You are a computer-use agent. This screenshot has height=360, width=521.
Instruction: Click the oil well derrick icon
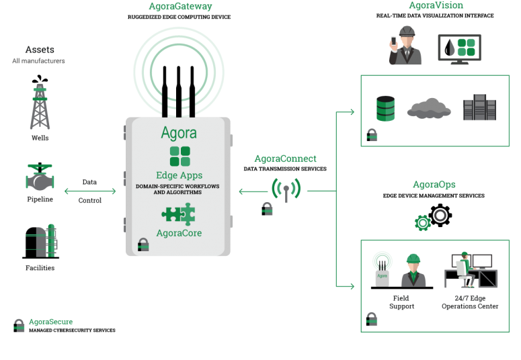coord(40,102)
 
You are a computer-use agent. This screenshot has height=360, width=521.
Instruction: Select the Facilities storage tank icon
coord(41,241)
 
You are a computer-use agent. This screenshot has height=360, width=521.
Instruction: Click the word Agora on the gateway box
coord(179,133)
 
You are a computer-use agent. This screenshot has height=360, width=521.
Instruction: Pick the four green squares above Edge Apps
coord(179,156)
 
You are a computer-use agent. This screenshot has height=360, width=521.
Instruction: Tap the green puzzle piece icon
coord(178,214)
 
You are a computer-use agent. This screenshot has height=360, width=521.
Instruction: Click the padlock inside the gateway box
coord(143,244)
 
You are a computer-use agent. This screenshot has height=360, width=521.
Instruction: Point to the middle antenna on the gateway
coord(178,91)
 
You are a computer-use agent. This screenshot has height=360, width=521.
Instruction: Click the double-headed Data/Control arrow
coord(90,191)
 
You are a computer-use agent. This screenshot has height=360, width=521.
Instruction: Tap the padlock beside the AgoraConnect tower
coord(267,209)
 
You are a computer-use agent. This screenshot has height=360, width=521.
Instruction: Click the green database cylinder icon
coord(385,109)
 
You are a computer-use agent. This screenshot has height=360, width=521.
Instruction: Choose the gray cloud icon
coord(429,108)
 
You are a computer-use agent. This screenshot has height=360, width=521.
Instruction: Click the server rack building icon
coord(479,107)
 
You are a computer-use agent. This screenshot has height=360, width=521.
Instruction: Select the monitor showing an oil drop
coord(460,49)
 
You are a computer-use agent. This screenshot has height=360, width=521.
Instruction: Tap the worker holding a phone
coord(405,46)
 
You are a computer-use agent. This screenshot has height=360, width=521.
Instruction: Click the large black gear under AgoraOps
coord(440,216)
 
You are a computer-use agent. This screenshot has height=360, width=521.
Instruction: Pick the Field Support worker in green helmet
coord(413,271)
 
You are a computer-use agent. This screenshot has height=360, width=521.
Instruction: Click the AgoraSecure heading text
coord(51,322)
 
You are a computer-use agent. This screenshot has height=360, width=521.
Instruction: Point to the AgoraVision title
coord(436,5)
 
